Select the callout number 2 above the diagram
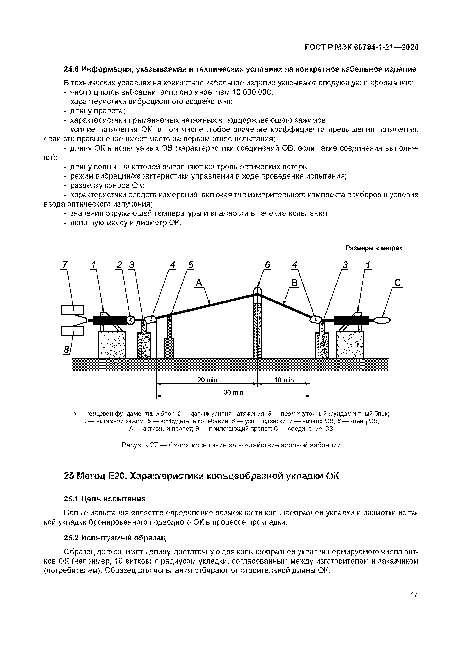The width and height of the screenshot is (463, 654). tap(119, 265)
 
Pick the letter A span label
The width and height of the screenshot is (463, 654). tap(199, 283)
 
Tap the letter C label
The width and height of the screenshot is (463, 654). tap(397, 283)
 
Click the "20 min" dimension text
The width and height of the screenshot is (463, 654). tap(207, 380)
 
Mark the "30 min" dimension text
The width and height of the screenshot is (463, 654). tap(233, 392)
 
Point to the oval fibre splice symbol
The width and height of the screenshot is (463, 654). tap(382, 321)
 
